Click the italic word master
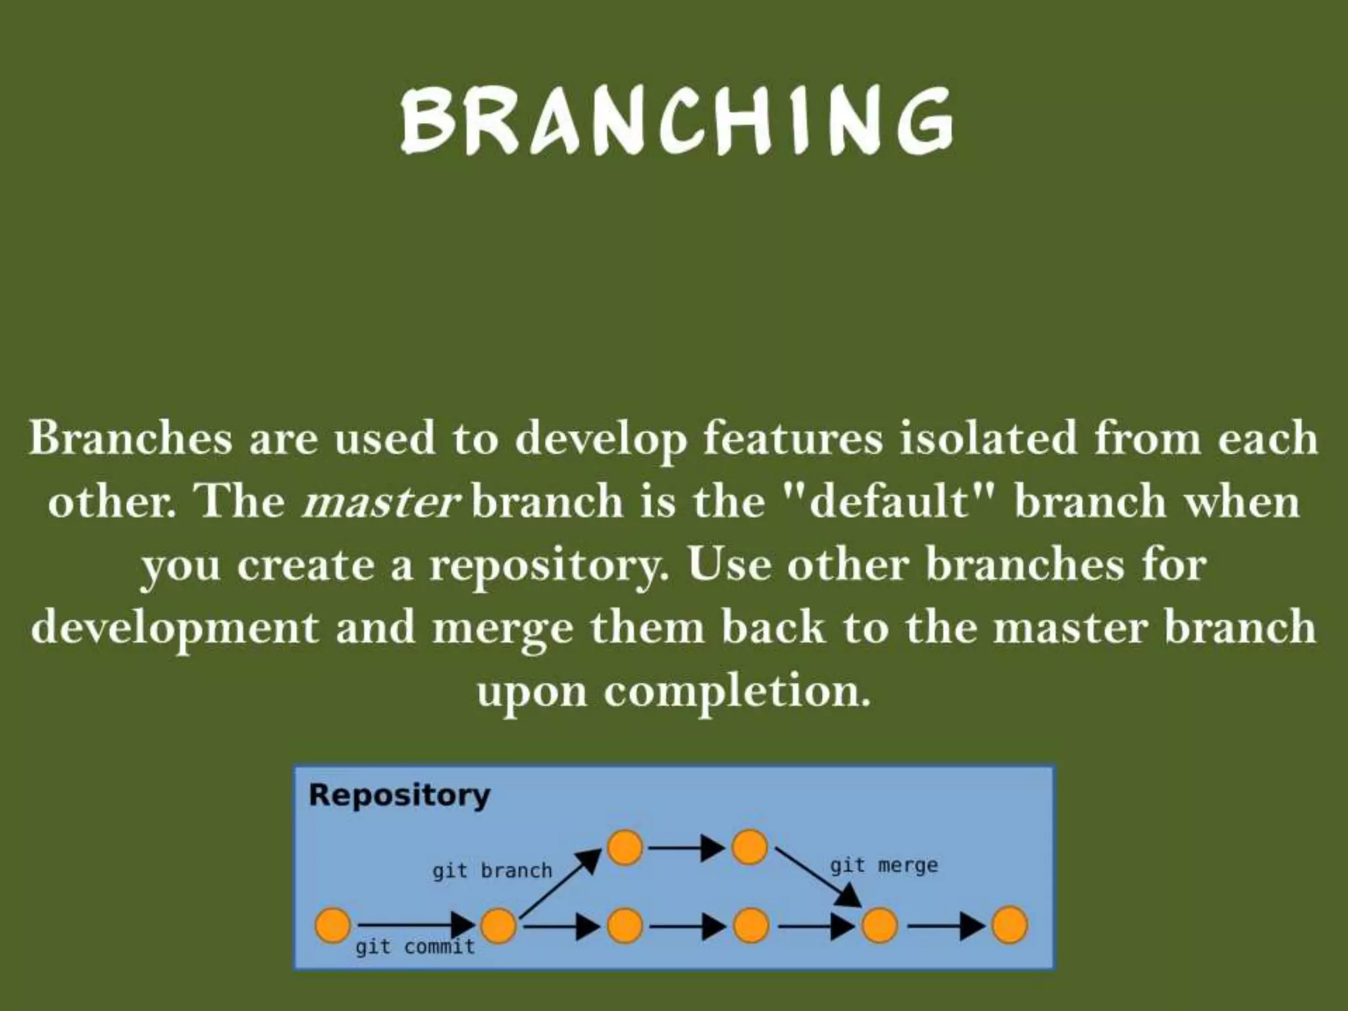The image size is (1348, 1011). (380, 502)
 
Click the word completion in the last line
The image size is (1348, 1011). (735, 691)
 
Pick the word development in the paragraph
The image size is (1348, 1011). (174, 628)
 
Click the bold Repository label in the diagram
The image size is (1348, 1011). (400, 795)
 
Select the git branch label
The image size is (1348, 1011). (492, 871)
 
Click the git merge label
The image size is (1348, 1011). (883, 865)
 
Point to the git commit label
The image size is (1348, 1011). (415, 947)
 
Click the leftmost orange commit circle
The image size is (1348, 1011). (332, 925)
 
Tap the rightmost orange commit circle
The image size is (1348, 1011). (1009, 925)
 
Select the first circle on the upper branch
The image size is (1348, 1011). (624, 847)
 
